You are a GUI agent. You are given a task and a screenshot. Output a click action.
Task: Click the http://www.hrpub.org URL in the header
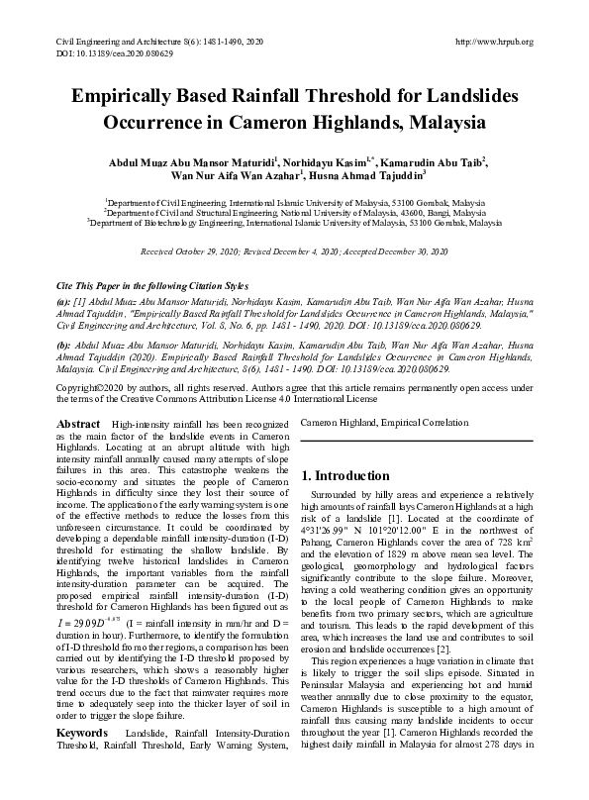click(493, 42)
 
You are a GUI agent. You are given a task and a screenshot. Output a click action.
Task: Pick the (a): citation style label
click(63, 300)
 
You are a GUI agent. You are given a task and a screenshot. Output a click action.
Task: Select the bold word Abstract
click(80, 424)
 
